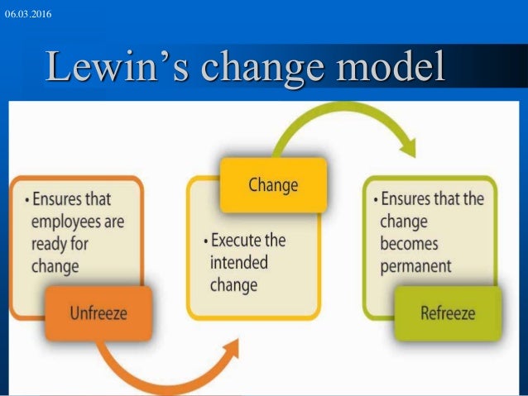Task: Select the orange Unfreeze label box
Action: (98, 313)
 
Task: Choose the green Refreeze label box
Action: (448, 313)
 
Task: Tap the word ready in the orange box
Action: (49, 244)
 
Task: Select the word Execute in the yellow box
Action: (237, 241)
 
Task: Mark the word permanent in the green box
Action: (415, 266)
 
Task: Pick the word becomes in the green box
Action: (409, 244)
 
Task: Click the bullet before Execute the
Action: (204, 242)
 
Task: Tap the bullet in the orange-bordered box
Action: (26, 200)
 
